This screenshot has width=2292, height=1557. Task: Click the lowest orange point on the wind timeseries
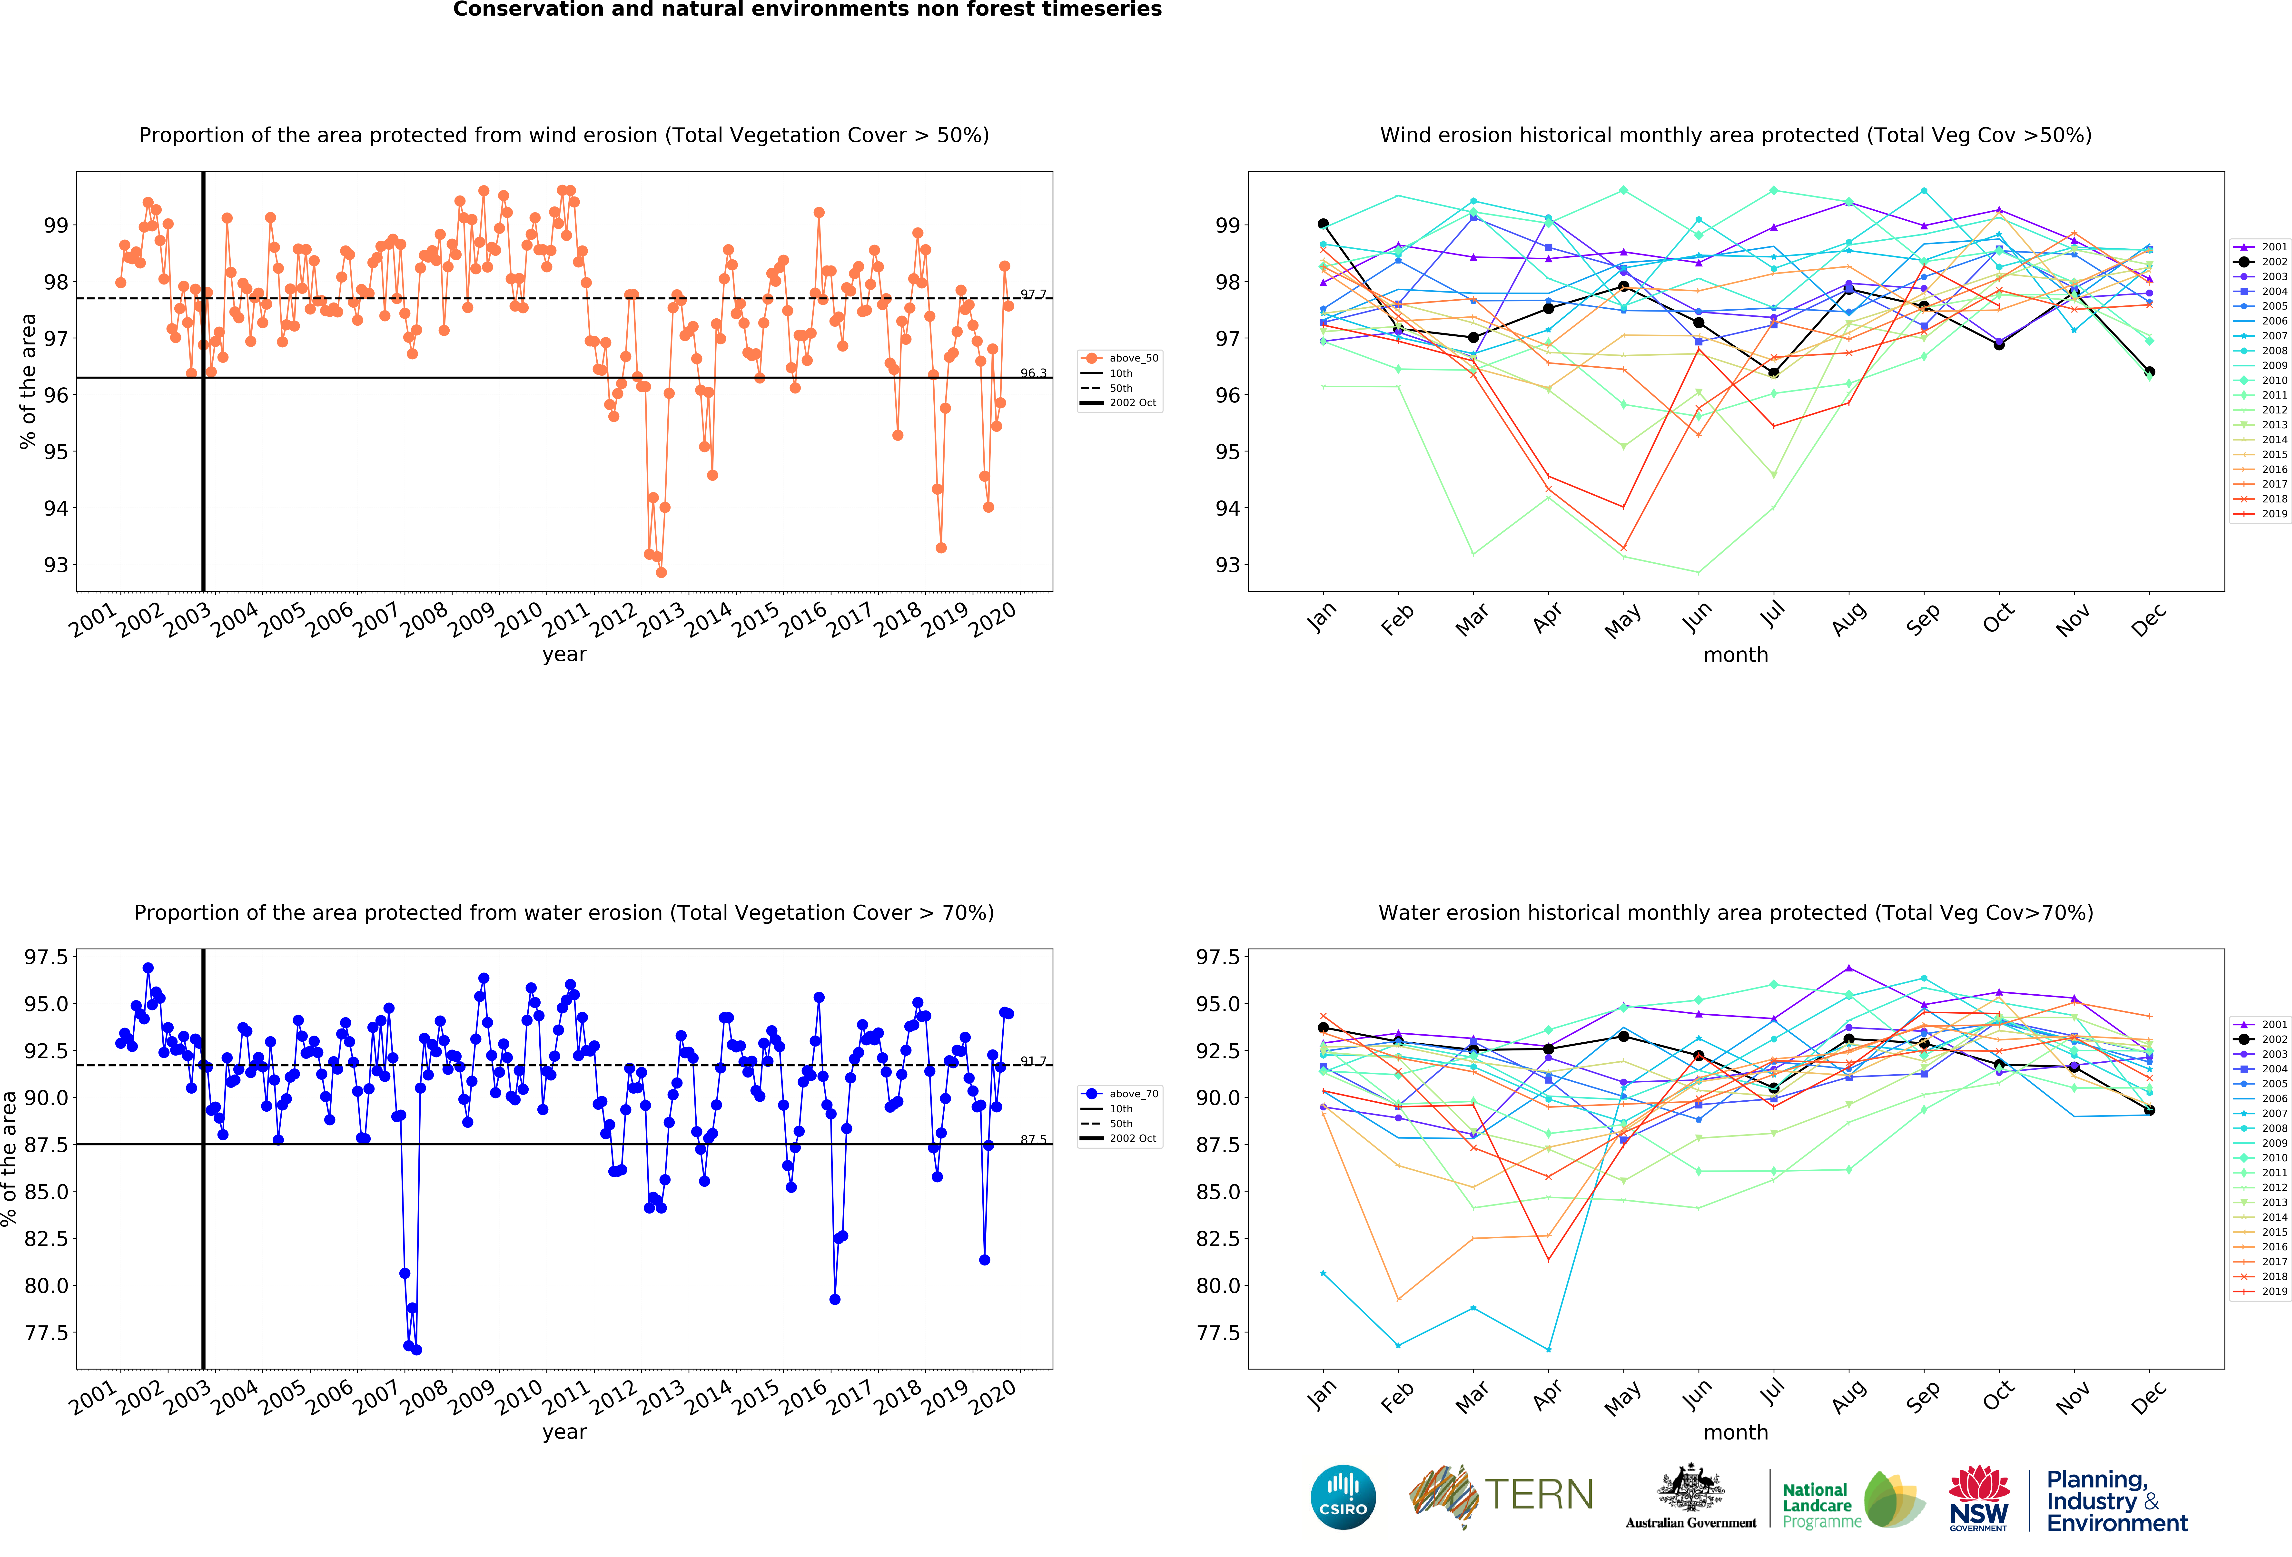click(661, 572)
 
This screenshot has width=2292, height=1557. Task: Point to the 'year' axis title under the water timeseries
click(564, 1432)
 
